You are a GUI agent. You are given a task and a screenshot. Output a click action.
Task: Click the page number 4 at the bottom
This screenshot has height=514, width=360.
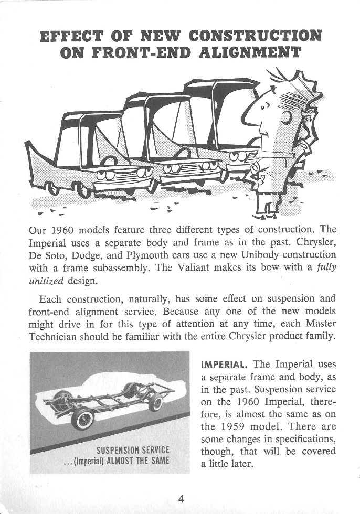pyautogui.click(x=181, y=498)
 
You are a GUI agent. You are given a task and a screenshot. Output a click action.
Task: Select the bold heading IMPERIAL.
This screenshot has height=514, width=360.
pyautogui.click(x=225, y=363)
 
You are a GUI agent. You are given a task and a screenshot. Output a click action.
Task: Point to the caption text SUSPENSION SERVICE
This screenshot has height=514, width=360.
pyautogui.click(x=132, y=449)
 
